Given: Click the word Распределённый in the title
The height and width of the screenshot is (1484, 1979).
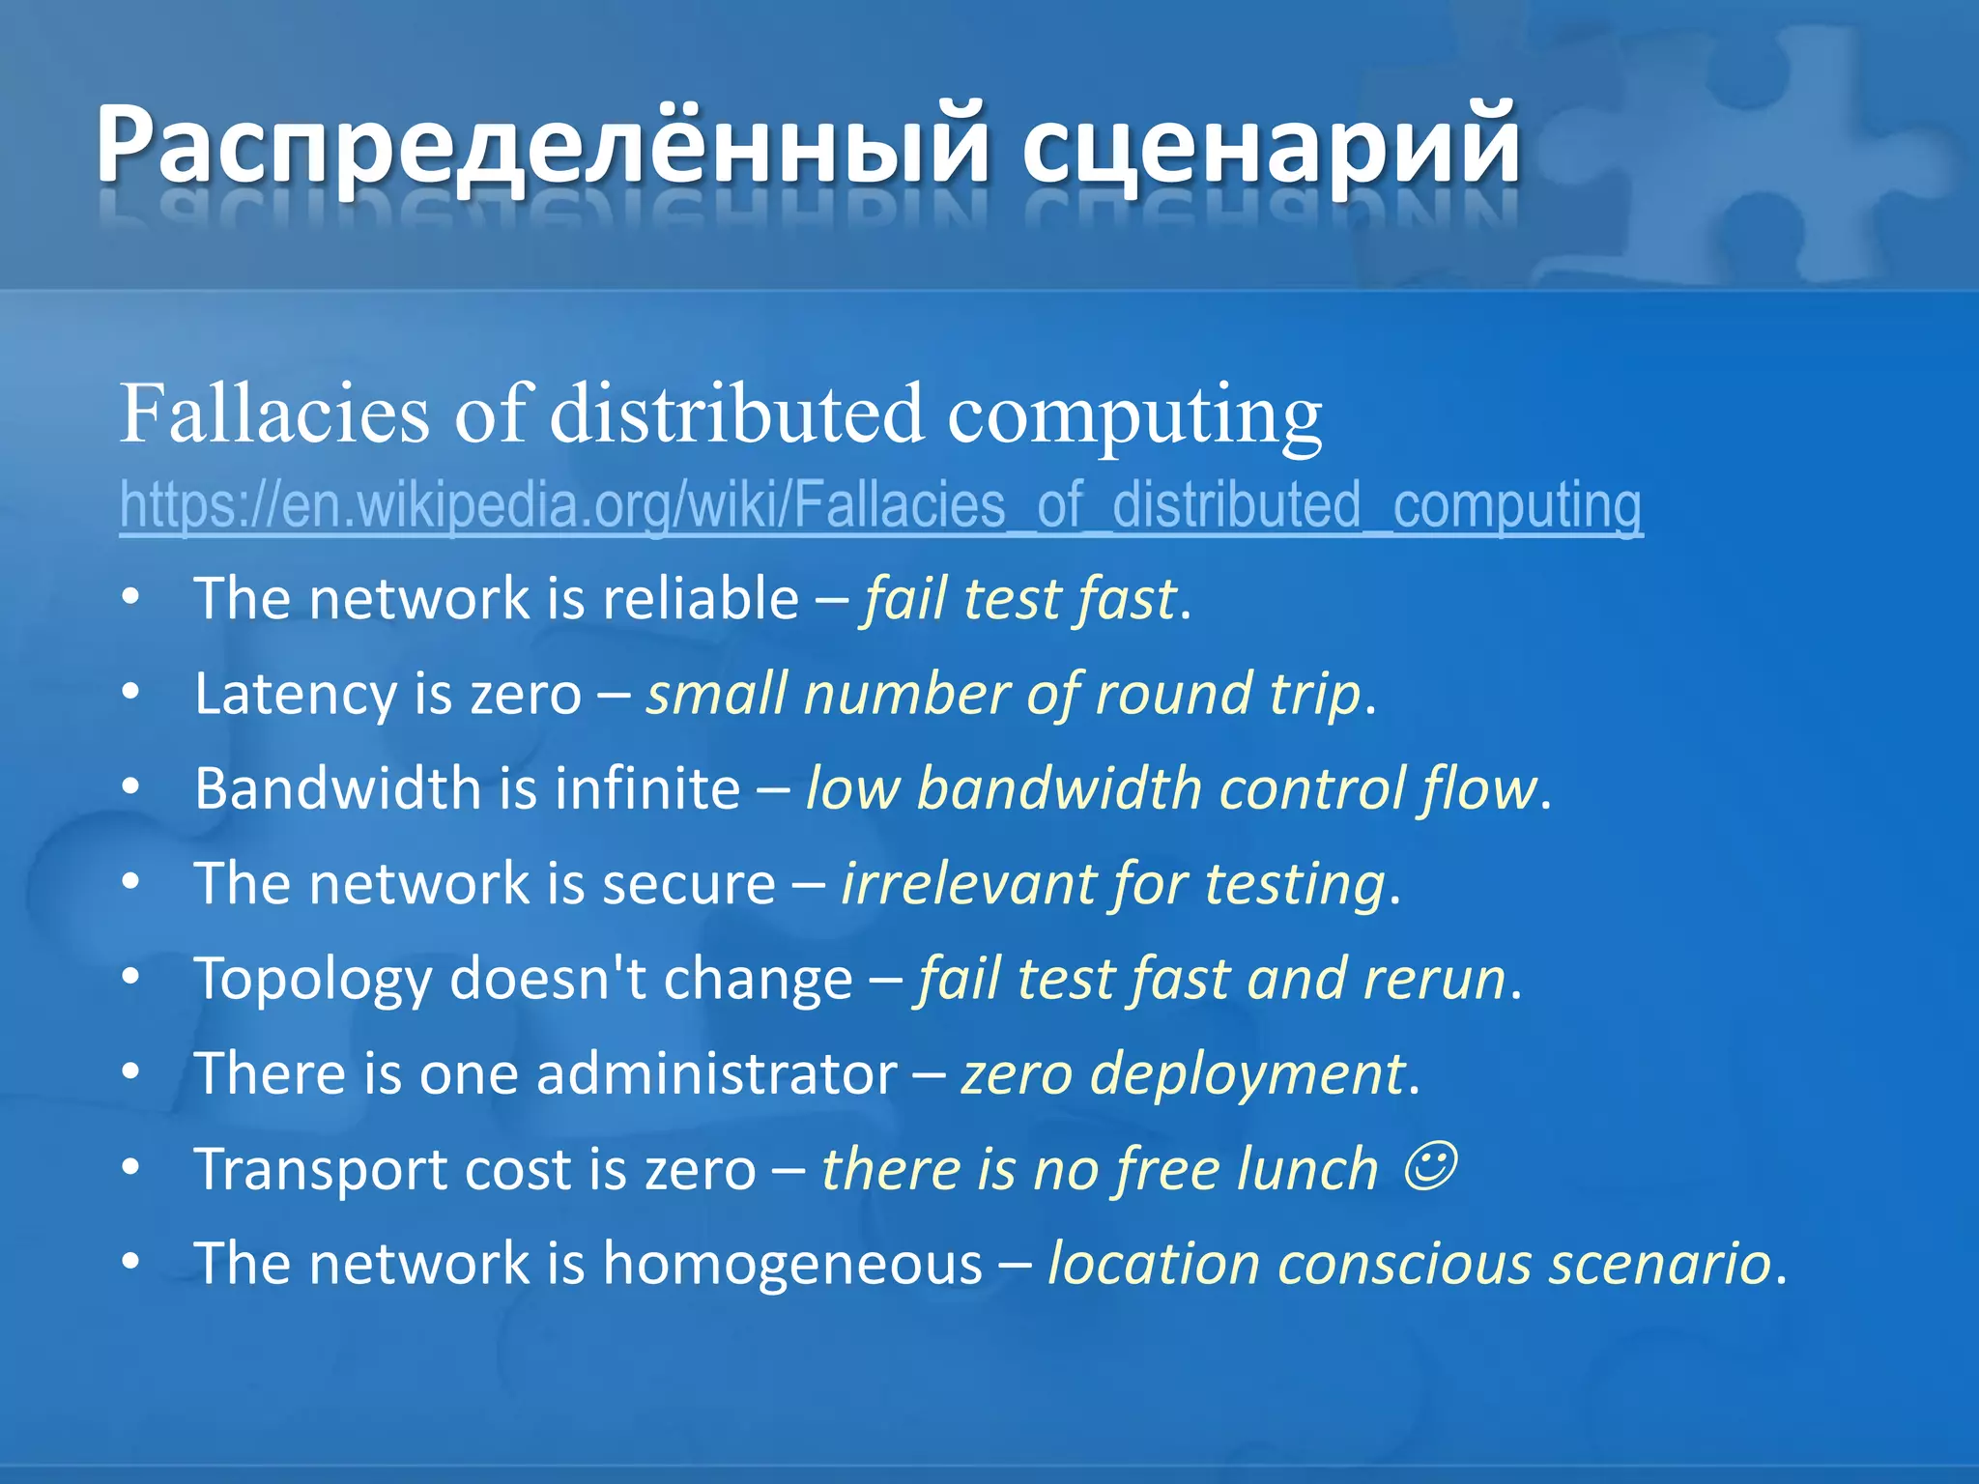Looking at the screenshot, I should [x=541, y=145].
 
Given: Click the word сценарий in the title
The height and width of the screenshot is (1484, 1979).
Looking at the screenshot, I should [x=1270, y=145].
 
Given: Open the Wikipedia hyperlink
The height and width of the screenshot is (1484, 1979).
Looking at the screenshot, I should [x=880, y=505].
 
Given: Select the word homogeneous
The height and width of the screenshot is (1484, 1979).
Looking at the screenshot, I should [x=792, y=1264].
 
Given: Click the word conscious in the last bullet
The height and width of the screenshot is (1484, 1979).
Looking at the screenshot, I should [x=1406, y=1264].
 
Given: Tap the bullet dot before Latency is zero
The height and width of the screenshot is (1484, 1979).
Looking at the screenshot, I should [x=131, y=693].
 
